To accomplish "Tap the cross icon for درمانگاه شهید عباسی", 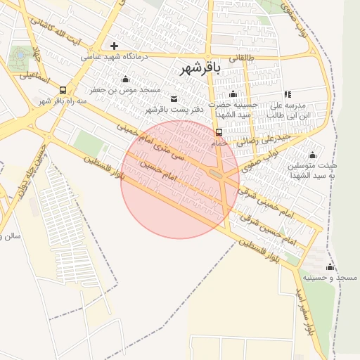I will [114, 46].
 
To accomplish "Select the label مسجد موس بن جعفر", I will [125, 90].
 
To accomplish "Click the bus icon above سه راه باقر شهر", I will [63, 90].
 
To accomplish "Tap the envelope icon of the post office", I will [174, 98].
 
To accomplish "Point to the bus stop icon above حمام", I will [219, 131].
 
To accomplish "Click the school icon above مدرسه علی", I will [287, 94].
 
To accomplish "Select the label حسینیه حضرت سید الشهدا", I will [235, 109].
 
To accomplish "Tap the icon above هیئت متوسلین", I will [312, 155].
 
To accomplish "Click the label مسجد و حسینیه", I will [329, 278].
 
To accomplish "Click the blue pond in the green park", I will [21, 53].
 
